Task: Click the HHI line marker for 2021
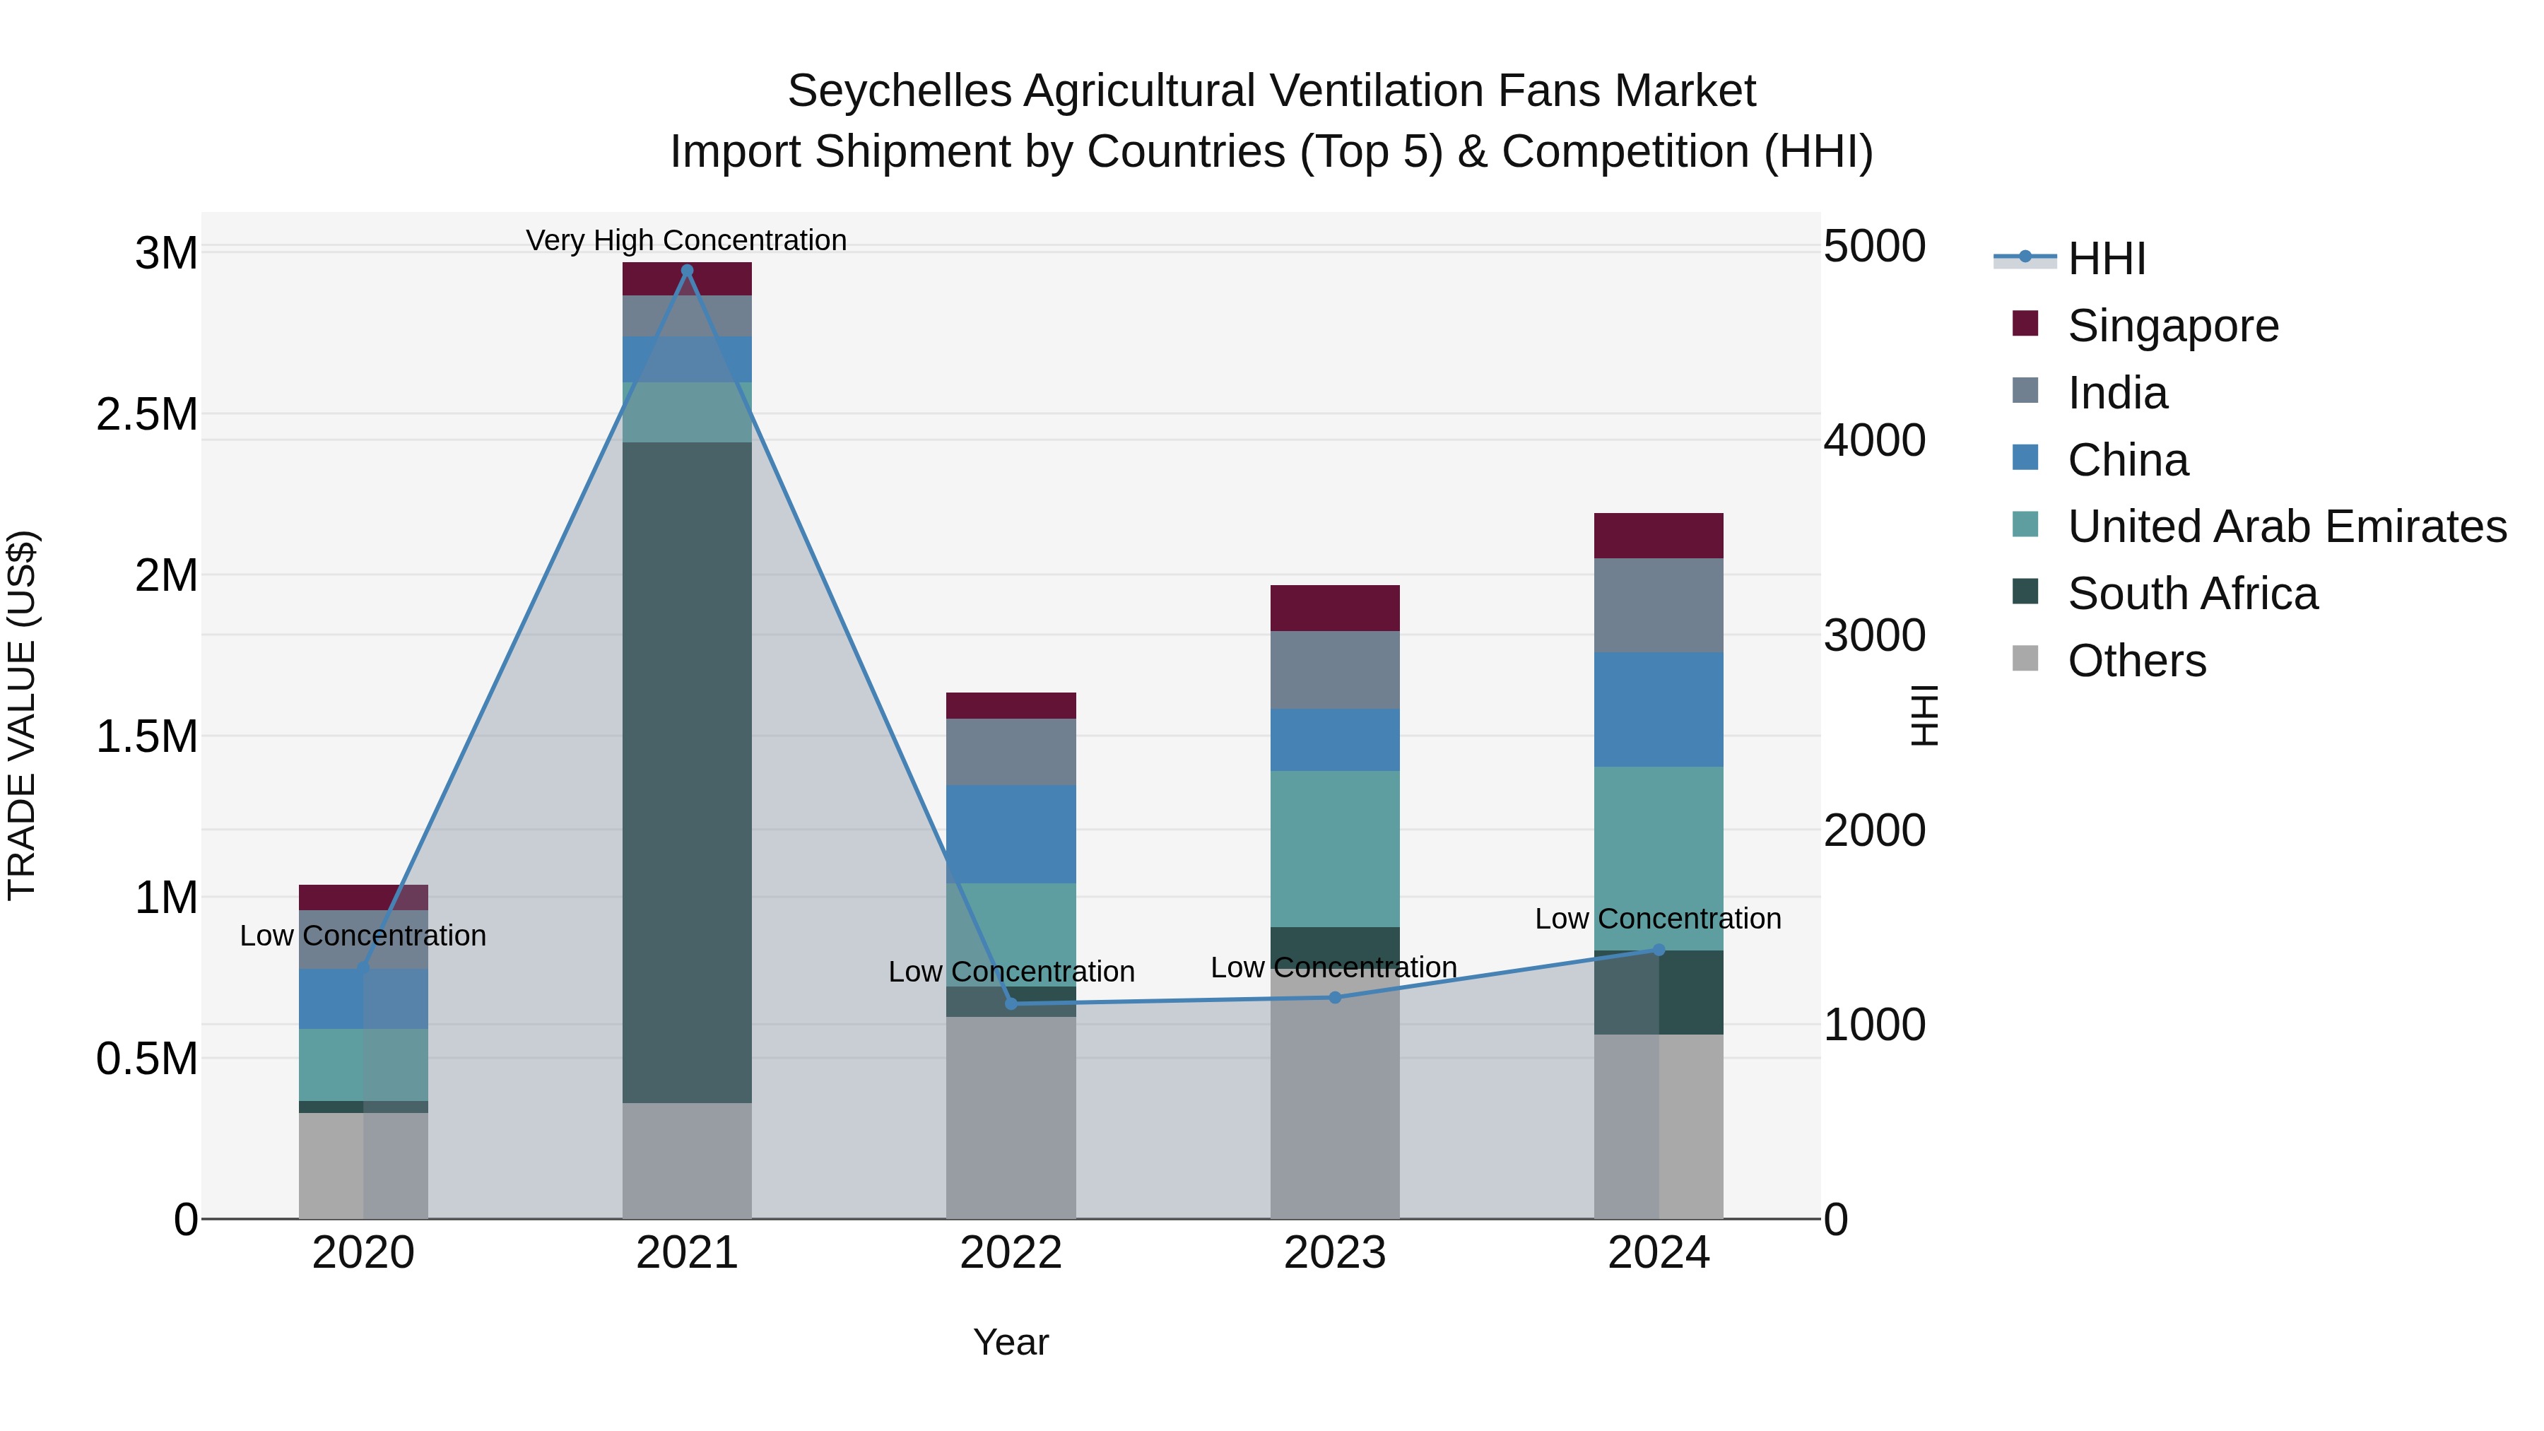(x=688, y=271)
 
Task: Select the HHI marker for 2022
(x=1011, y=1003)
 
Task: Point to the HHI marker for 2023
(x=1335, y=997)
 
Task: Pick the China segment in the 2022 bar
(x=1011, y=834)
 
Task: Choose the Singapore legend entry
(x=2173, y=326)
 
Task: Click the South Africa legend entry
(x=2192, y=594)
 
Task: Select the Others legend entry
(x=2136, y=661)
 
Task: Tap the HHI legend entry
(x=2106, y=259)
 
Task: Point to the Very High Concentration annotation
(x=686, y=240)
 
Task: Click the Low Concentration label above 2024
(x=1658, y=919)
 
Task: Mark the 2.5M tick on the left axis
(x=147, y=415)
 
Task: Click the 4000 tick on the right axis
(x=1873, y=440)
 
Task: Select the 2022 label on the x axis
(x=1011, y=1253)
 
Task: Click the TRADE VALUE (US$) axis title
(x=22, y=715)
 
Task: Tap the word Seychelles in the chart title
(x=899, y=91)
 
